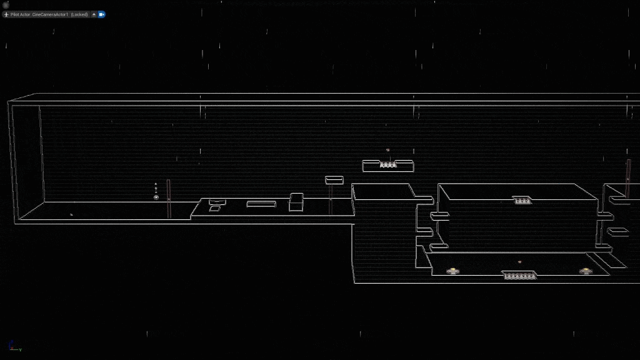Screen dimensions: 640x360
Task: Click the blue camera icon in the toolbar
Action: click(x=102, y=14)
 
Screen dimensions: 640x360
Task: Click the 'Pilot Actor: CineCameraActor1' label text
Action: click(x=39, y=14)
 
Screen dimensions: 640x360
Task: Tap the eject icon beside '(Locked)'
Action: click(x=94, y=14)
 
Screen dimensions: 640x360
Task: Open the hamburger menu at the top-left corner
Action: click(x=6, y=4)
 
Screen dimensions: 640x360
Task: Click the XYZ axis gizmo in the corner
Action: click(x=12, y=346)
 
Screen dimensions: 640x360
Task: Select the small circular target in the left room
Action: click(x=156, y=197)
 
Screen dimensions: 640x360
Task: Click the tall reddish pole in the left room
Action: click(x=168, y=199)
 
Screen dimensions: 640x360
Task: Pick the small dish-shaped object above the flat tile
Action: click(x=216, y=202)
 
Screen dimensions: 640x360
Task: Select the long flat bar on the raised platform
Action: click(x=261, y=204)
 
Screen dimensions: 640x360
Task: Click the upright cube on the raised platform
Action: click(x=296, y=202)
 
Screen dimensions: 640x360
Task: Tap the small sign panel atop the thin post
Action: click(x=334, y=180)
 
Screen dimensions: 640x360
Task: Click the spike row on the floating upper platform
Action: click(x=388, y=164)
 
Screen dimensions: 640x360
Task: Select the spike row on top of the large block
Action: click(x=521, y=200)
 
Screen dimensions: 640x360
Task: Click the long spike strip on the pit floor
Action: click(x=519, y=275)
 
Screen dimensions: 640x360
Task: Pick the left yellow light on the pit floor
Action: click(x=452, y=271)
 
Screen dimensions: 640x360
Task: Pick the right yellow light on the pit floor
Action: click(x=586, y=271)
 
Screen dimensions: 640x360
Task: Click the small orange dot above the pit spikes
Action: click(x=519, y=262)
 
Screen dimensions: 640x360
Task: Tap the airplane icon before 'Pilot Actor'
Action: click(x=6, y=14)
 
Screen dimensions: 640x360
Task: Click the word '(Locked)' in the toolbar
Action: click(x=79, y=14)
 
